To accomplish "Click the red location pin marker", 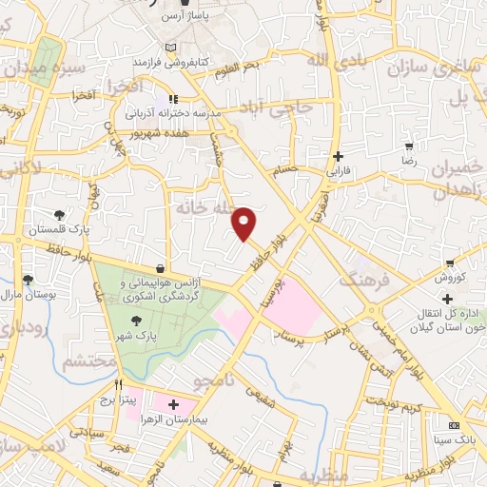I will tap(244, 222).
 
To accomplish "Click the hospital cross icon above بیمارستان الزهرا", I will tap(173, 404).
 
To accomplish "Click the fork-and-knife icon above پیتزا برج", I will tap(119, 385).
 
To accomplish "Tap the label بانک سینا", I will tap(456, 440).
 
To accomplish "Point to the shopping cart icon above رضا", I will tap(409, 146).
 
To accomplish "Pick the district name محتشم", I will tap(89, 362).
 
